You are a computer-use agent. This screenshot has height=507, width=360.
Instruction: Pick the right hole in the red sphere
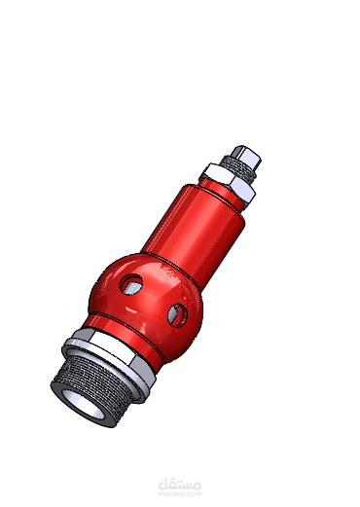point(176,313)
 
